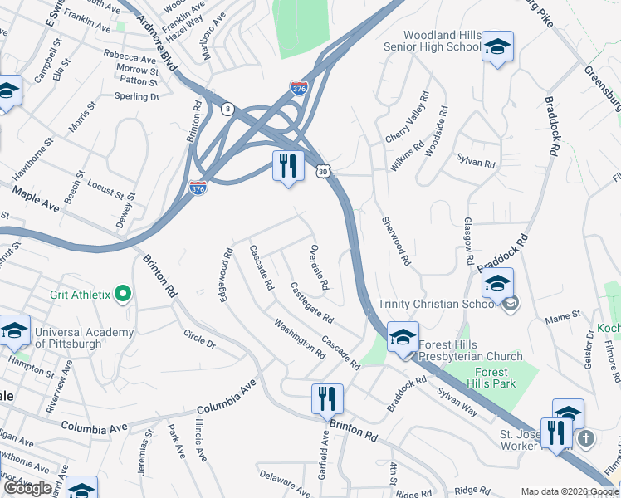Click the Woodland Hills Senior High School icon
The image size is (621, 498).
[497, 48]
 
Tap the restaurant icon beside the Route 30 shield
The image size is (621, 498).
[287, 166]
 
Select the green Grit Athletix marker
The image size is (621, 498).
[123, 293]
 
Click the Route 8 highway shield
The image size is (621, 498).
[227, 108]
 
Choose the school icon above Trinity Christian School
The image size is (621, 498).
[497, 284]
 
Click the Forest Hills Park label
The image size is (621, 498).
[496, 378]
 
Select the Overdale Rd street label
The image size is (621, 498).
[319, 267]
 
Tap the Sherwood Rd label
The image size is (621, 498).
[396, 241]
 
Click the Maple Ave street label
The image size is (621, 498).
[36, 200]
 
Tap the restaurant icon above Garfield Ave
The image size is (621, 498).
[327, 399]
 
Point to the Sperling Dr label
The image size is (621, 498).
[136, 97]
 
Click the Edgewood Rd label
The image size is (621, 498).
[224, 275]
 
